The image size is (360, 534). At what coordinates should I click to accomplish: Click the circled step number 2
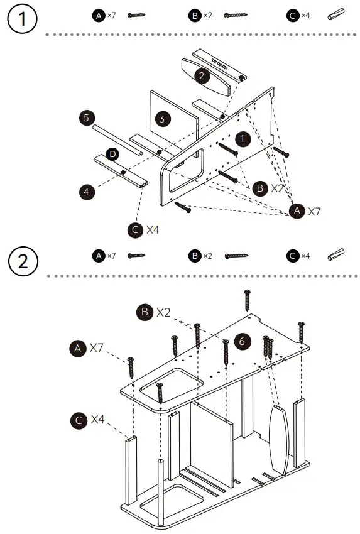[x=23, y=260]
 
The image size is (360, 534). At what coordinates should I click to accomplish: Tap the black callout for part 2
[x=201, y=76]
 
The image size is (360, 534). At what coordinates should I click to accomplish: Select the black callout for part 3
[x=162, y=118]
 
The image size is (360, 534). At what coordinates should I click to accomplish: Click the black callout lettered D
[x=112, y=154]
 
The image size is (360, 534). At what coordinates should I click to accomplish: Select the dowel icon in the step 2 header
[x=337, y=255]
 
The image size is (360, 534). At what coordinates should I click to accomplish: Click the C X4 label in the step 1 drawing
[x=144, y=229]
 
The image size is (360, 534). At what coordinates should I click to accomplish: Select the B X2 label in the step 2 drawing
[x=155, y=312]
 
